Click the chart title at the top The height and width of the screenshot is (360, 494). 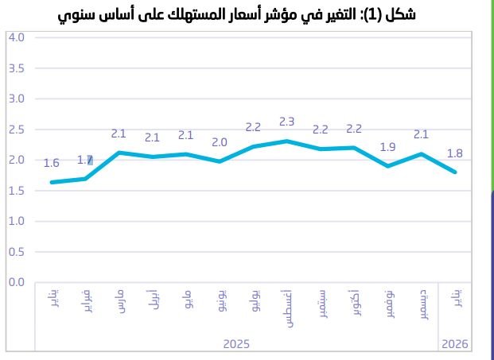pos(237,15)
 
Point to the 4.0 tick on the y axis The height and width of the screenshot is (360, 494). pos(17,37)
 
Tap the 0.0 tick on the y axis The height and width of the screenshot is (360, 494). pos(17,282)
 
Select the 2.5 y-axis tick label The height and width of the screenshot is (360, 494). pos(17,130)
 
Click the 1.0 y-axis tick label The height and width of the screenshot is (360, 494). pos(17,221)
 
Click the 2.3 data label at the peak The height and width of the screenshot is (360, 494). pos(287,122)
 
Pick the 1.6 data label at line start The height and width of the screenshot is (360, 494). pos(52,163)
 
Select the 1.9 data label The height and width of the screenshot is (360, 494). pos(388,147)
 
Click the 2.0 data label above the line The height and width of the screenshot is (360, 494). pos(220,142)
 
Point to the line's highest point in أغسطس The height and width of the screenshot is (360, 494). pos(287,141)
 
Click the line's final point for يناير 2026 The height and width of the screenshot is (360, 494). pos(456,172)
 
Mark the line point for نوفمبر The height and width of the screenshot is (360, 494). pos(388,166)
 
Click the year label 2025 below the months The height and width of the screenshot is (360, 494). pos(236,344)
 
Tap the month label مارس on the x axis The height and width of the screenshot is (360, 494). pos(119,303)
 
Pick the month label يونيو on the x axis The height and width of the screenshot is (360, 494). pos(220,303)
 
